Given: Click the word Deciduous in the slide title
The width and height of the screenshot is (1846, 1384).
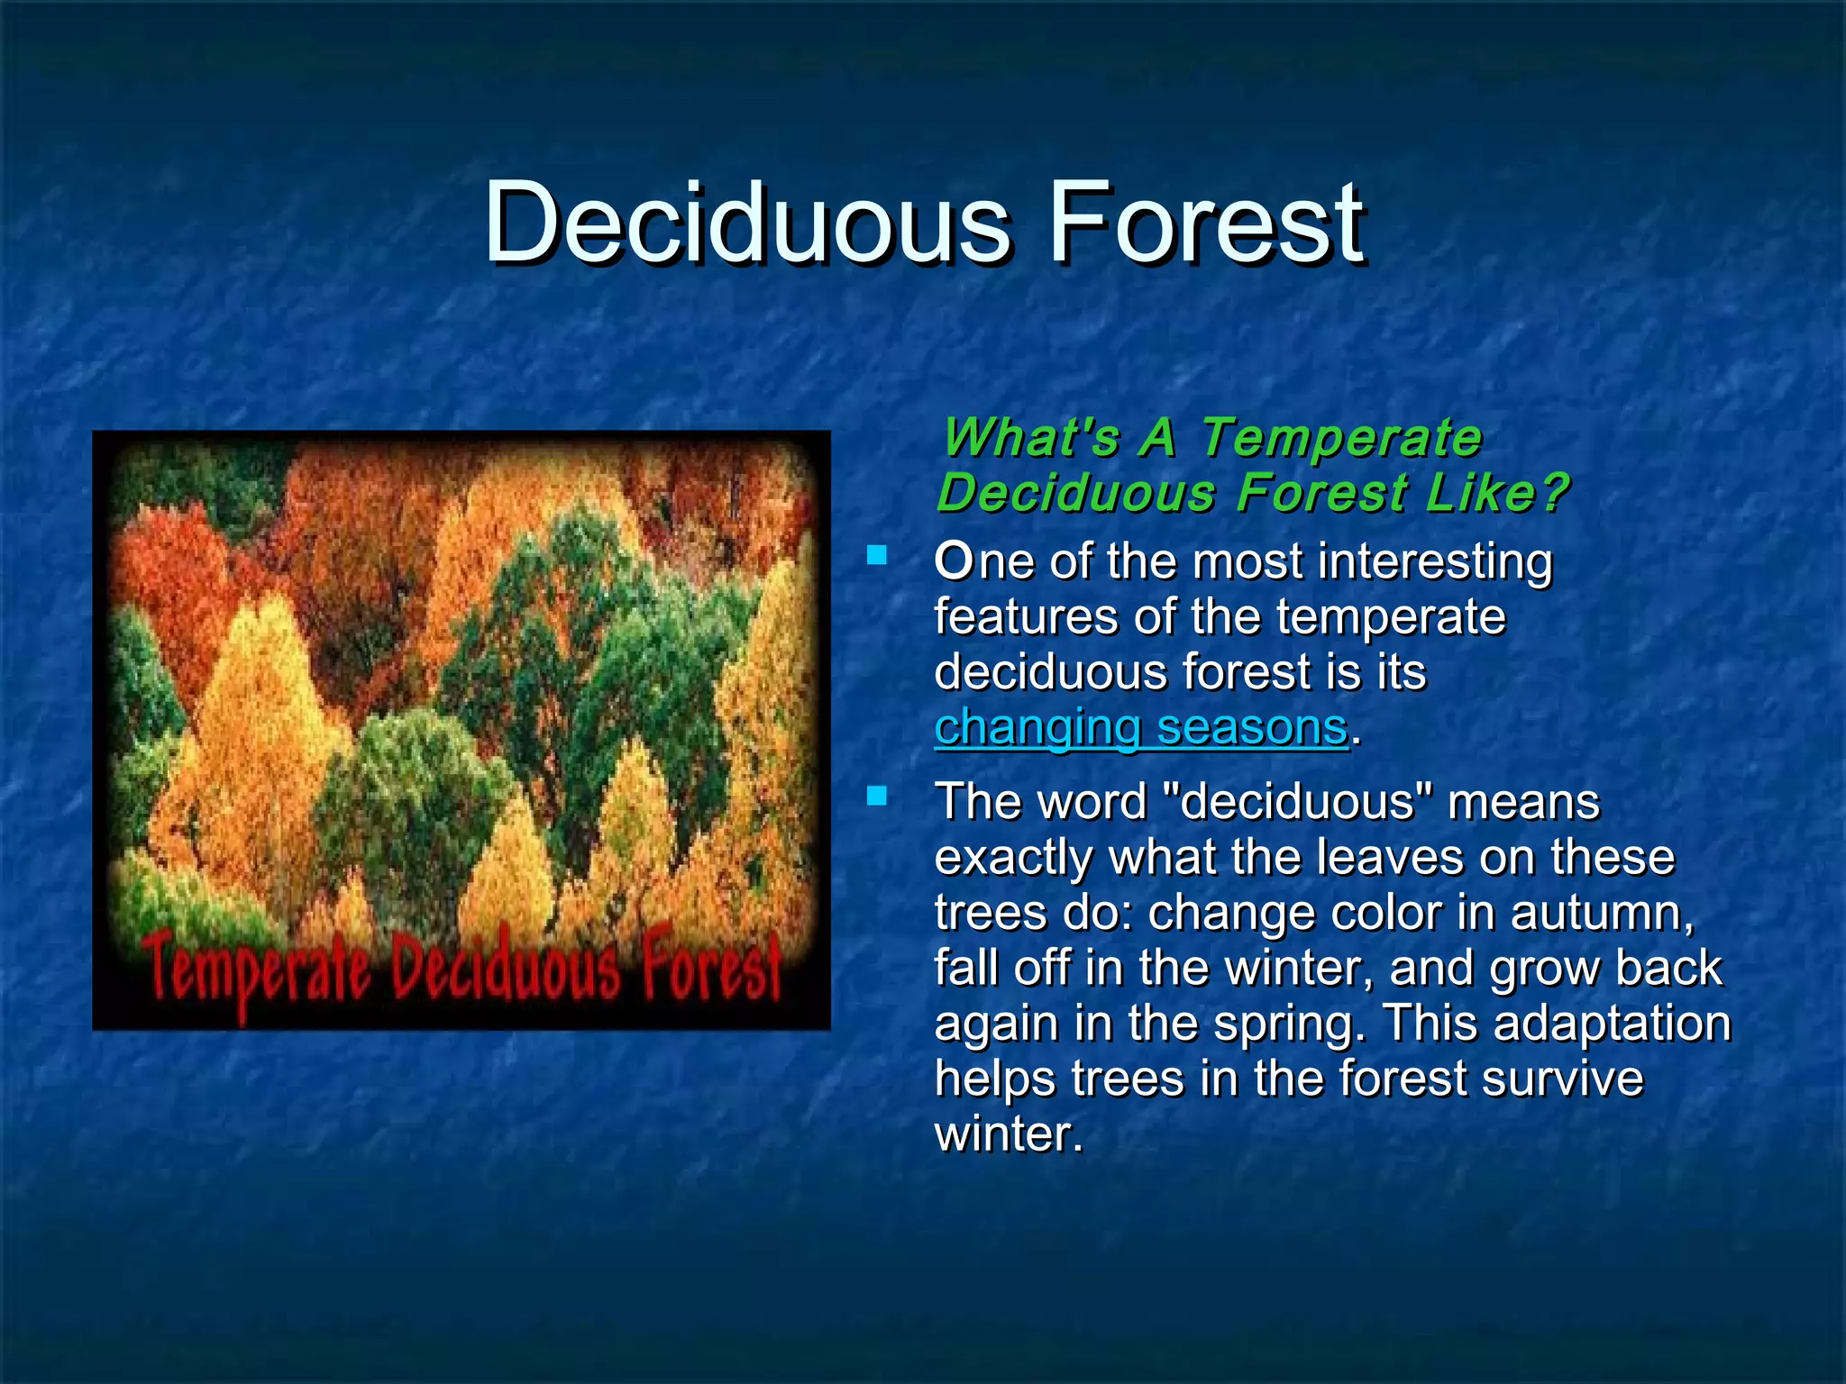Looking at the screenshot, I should click(x=747, y=222).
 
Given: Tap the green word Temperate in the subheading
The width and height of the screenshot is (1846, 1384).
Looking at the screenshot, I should click(x=1341, y=438).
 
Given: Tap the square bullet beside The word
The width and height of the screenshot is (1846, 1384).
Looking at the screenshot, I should click(x=876, y=795).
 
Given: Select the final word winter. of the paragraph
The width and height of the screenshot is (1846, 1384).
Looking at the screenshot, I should click(x=1008, y=1134).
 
